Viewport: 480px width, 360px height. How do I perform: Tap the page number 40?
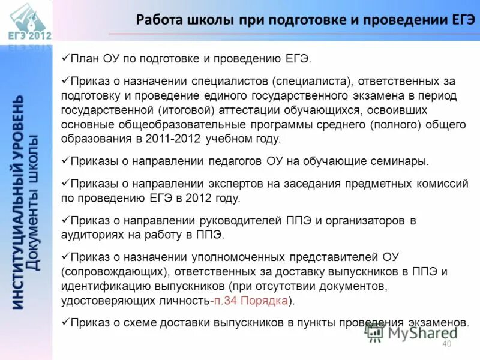pyautogui.click(x=446, y=344)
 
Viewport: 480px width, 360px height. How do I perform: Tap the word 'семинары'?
pyautogui.click(x=402, y=161)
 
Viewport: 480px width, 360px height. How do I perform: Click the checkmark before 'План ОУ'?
pyautogui.click(x=65, y=59)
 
